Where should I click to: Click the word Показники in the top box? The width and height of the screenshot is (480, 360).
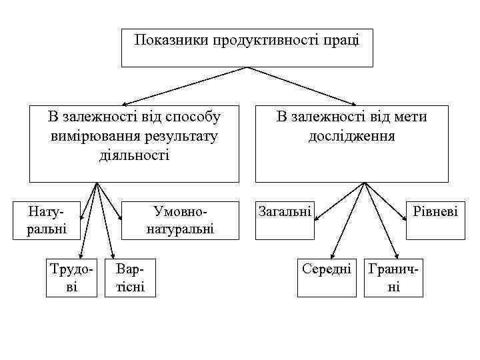point(171,40)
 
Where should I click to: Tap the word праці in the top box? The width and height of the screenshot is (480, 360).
point(341,40)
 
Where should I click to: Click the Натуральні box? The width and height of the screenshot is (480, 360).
point(47,220)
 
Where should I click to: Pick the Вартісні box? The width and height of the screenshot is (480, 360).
point(131,277)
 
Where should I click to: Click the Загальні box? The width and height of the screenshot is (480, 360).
point(285,212)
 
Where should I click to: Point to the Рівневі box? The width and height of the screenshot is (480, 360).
point(435,212)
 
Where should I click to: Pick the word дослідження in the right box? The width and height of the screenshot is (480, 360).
point(351,136)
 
